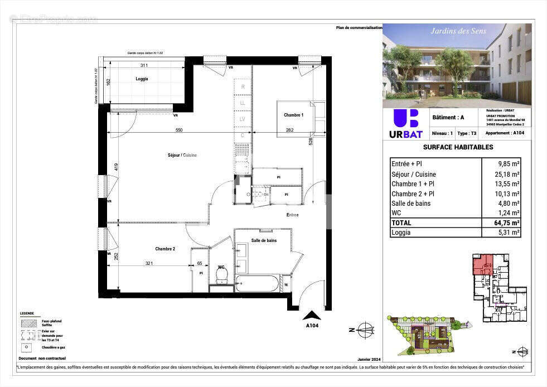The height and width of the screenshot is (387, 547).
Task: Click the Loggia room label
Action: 142,79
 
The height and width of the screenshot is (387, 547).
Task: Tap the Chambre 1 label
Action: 293,115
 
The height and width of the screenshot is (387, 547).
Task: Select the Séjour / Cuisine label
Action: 182,155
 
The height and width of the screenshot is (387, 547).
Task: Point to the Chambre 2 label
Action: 165,249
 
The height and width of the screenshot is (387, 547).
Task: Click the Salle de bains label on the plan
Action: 264,240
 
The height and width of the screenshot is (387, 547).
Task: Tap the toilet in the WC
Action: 221,275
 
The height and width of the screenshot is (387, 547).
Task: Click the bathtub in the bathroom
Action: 256,284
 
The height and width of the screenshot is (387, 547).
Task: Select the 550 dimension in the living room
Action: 179,130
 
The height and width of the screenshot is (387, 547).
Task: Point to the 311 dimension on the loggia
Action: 144,66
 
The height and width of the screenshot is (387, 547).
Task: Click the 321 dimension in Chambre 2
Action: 149,263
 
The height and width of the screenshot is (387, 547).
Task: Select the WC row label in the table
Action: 397,213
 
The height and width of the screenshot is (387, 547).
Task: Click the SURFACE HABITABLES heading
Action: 458,147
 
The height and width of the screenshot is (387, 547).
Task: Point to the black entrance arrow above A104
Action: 312,315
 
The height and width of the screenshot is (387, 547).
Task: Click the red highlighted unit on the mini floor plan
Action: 482,264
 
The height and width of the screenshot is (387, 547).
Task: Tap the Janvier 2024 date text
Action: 368,360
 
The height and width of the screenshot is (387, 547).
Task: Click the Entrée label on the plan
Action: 292,215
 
